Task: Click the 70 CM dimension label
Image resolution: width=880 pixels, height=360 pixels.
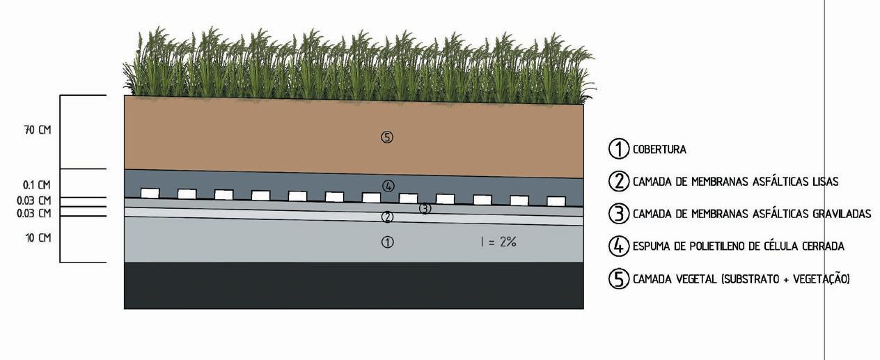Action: (x=38, y=130)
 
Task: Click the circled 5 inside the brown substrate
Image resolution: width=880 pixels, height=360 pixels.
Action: (x=387, y=137)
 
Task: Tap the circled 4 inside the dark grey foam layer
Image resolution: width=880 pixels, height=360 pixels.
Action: (x=388, y=185)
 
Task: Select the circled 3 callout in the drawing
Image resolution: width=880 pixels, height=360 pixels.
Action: (x=425, y=208)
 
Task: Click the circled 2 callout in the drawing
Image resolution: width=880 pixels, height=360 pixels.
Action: (x=388, y=217)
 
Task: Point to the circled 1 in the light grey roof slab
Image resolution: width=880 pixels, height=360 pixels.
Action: (x=388, y=242)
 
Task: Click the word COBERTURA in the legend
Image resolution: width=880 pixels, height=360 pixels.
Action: (x=659, y=149)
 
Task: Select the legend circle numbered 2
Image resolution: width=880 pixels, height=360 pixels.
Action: (x=619, y=181)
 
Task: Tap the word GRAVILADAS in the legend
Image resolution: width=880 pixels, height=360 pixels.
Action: (x=842, y=214)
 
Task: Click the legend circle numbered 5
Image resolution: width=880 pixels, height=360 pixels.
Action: (x=619, y=279)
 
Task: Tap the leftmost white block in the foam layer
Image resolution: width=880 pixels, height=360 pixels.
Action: (x=150, y=193)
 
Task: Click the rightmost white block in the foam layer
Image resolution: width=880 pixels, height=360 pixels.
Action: (x=556, y=201)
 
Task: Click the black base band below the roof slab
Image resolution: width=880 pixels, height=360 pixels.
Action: (x=354, y=285)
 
